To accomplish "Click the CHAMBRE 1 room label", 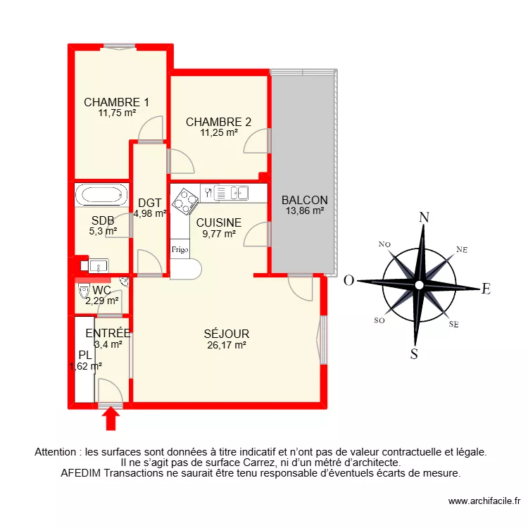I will click(x=116, y=102).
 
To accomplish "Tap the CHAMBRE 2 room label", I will click(x=218, y=122).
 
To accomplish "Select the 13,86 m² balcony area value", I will click(x=305, y=210).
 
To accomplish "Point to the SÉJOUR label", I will click(x=226, y=334).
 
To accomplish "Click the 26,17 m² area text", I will click(x=226, y=345).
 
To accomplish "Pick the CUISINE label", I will click(x=219, y=222).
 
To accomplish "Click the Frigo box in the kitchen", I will click(x=179, y=249).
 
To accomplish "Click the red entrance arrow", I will click(x=111, y=419).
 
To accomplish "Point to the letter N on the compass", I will click(x=424, y=217).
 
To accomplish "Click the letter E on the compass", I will click(x=485, y=288).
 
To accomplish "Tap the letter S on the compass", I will click(x=415, y=353).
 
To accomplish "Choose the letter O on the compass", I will click(x=348, y=282).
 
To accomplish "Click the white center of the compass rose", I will click(x=419, y=284).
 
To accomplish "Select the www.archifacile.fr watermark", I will click(x=484, y=501).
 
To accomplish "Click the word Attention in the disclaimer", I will click(x=57, y=453).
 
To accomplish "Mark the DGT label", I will click(x=150, y=203).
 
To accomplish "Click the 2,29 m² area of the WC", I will click(x=102, y=301).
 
